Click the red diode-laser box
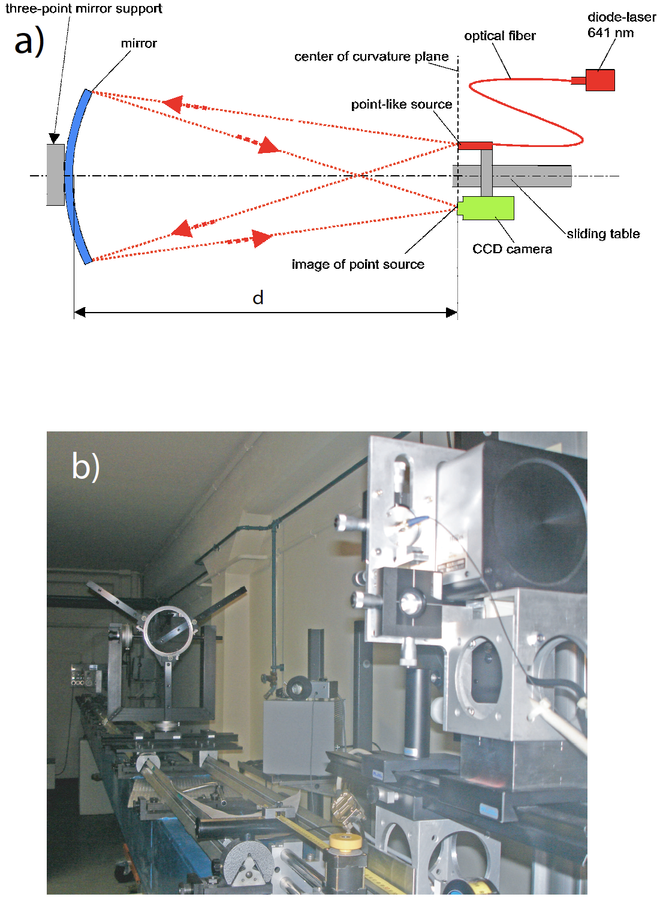[600, 80]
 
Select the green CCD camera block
[486, 208]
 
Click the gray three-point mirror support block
[55, 175]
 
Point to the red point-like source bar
[475, 146]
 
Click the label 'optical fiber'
[500, 36]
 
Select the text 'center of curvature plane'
[371, 56]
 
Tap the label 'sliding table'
[603, 233]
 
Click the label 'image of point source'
[358, 264]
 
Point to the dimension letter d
[258, 298]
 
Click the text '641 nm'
[610, 33]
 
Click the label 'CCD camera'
[512, 249]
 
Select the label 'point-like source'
[401, 104]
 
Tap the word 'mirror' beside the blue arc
[138, 43]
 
